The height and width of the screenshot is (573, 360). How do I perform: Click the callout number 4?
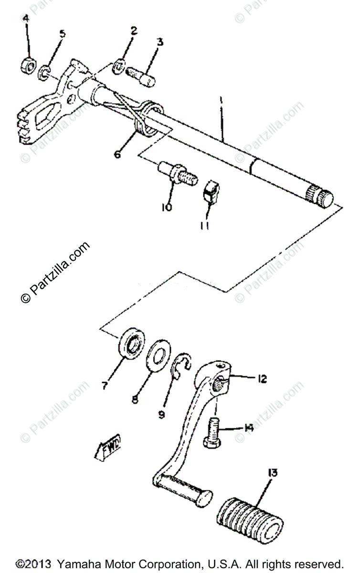click(x=26, y=20)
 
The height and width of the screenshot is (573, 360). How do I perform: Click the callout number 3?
click(x=159, y=42)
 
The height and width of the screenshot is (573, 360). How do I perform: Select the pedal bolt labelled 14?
click(x=212, y=431)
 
